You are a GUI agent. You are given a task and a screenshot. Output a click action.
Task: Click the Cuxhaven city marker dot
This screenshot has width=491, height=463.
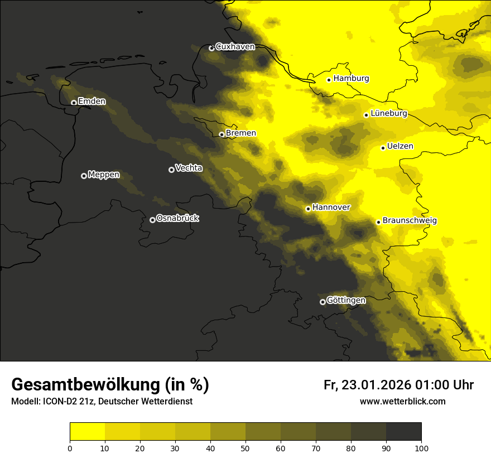coord(211,48)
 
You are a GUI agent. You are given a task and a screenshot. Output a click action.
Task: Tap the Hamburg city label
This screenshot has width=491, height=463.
coord(351,79)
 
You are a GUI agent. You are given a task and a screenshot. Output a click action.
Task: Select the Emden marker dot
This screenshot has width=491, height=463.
coord(74,102)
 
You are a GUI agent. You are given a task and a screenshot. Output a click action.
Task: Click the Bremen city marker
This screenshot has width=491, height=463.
coord(222,134)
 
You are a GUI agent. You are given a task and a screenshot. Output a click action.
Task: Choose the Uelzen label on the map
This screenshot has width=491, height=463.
coord(400,146)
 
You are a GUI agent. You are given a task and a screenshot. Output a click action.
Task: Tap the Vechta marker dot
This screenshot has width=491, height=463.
coord(171,170)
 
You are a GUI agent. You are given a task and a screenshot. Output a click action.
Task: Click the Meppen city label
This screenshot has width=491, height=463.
coord(104,175)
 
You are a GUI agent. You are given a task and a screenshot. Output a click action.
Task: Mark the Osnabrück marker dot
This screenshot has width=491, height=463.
coord(152,220)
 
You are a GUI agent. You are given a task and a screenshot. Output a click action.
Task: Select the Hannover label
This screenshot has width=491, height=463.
coord(331,207)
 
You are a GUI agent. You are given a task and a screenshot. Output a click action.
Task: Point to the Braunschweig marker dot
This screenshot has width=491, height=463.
coord(378,222)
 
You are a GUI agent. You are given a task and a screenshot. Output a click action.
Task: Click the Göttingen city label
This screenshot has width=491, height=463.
coord(346,300)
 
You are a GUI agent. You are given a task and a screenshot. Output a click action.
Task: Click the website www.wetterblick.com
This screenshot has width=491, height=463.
coord(402,401)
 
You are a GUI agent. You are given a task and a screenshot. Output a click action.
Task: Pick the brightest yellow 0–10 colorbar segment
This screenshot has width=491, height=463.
coord(87,432)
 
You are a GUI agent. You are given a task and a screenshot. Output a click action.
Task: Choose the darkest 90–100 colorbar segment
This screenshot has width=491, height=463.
coord(403,432)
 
